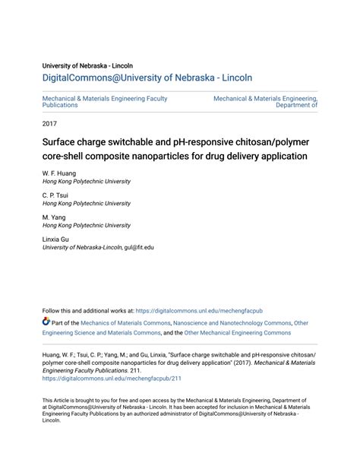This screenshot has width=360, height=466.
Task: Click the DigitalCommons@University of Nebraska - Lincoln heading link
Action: coord(147,78)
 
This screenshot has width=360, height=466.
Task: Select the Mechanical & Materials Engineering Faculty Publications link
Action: coord(104,102)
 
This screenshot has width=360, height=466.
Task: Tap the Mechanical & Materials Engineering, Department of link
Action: coord(265,102)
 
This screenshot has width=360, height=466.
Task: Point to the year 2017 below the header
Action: coord(49,123)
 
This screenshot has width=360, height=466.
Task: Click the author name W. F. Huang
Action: coord(59,173)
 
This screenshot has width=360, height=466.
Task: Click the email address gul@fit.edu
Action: coord(140,247)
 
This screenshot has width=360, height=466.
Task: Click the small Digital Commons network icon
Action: coord(46,322)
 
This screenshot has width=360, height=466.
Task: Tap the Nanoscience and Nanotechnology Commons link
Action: coord(232,323)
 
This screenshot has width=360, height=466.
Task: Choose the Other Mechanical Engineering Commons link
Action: coord(248,333)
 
